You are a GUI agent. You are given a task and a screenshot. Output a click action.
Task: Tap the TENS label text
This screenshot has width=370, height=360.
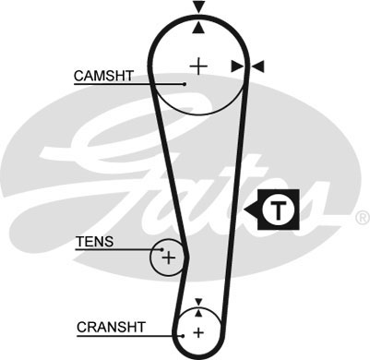click(x=95, y=242)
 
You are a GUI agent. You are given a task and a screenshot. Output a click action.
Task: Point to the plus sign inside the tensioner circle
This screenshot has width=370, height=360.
click(x=168, y=258)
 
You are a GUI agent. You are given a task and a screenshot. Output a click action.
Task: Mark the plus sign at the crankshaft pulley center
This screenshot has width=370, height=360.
click(x=197, y=332)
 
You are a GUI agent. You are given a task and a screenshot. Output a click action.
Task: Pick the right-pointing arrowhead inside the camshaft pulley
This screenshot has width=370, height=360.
click(x=237, y=66)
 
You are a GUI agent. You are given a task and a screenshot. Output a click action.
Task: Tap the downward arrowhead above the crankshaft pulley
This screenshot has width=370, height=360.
click(x=197, y=302)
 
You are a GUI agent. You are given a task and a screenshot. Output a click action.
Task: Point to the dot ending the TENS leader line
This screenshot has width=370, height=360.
click(x=160, y=249)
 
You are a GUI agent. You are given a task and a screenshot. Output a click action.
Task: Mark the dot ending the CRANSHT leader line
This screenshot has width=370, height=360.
click(x=183, y=333)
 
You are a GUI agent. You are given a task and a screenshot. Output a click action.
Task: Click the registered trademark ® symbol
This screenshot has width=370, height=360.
click(x=362, y=219)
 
